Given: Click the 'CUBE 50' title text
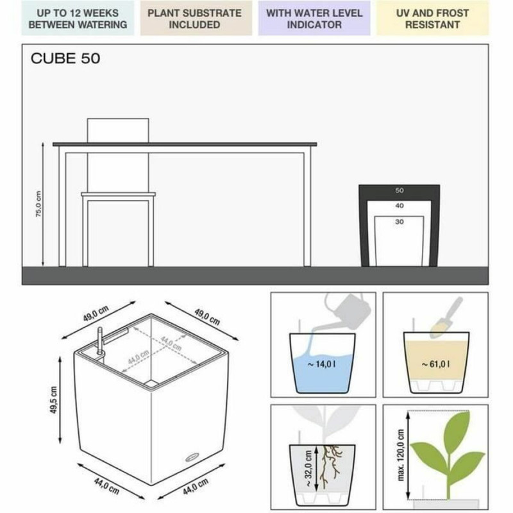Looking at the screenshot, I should coord(65,59).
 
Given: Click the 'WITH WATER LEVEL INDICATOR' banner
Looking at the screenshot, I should coord(314,19).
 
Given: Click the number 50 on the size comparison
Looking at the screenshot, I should coord(399,190).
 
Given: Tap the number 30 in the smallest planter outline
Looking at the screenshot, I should coord(399,223).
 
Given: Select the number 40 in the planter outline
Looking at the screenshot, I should coord(399,206).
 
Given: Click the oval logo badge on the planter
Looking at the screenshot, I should coord(192,457).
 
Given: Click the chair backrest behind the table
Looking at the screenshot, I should coord(118,131).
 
